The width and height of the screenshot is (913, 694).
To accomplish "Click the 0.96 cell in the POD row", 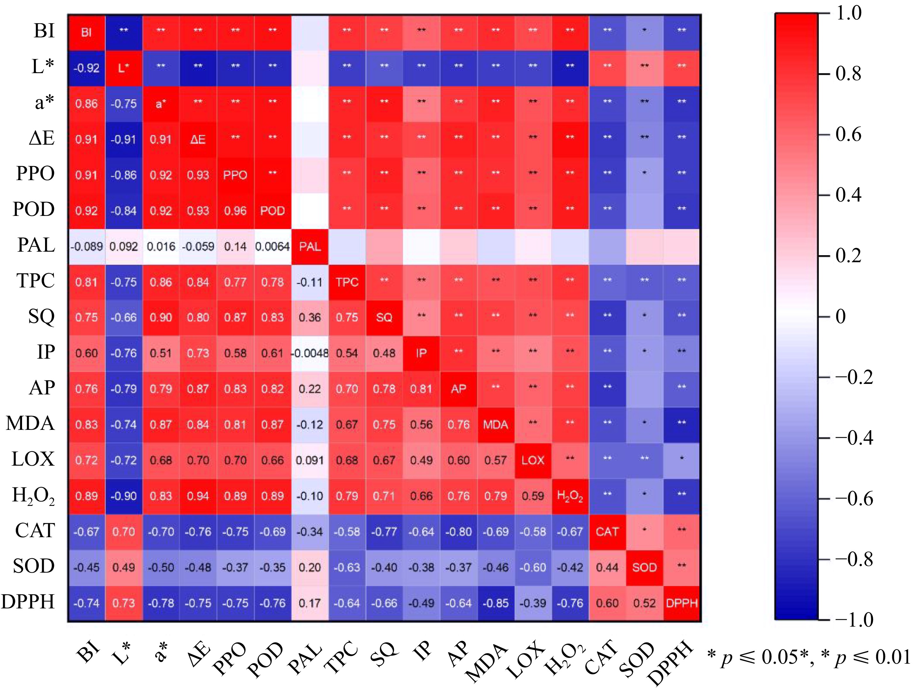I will tap(235, 211).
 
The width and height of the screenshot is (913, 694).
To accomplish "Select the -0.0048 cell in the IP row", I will tap(310, 354).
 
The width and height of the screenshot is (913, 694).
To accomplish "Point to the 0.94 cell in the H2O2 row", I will tap(198, 496).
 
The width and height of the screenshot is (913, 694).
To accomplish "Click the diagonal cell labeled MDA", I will tap(496, 425).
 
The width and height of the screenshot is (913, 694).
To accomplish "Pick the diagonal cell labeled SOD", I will tap(644, 568).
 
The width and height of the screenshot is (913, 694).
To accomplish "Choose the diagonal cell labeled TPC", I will tap(347, 282).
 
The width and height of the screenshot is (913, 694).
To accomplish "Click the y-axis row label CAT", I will tap(35, 530).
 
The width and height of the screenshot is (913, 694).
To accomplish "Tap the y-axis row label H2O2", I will tap(33, 495).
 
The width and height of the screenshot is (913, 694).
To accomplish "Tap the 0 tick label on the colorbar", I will tap(841, 317).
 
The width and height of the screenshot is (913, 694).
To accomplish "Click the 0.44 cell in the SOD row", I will tap(607, 568).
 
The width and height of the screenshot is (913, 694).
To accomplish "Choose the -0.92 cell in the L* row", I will tap(86, 68).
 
